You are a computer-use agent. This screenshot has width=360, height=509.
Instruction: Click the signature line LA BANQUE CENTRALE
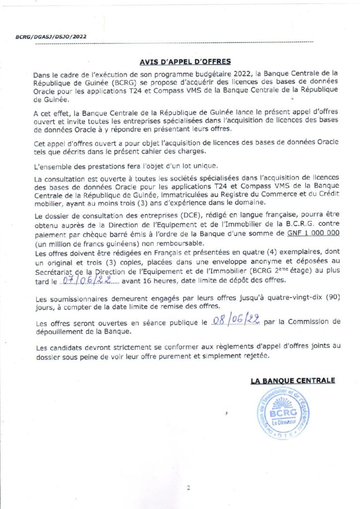pos(293,381)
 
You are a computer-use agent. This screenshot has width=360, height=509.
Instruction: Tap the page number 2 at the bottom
pos(188,488)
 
